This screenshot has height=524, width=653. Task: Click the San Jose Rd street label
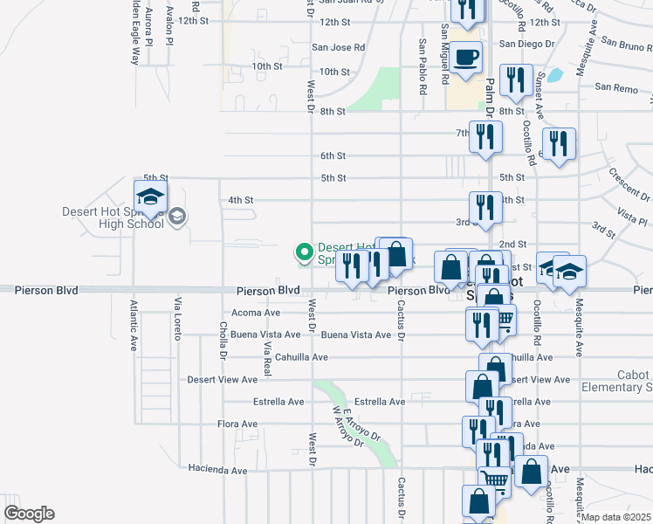pos(339,47)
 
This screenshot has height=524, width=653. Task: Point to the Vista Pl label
pos(631,211)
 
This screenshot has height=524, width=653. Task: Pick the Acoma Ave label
pos(255,312)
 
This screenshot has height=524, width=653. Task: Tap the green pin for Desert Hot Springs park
pos(305,252)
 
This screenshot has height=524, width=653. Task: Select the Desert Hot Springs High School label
pos(113,217)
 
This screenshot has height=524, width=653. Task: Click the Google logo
pos(29,514)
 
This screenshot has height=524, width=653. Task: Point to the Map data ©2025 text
pos(616,517)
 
